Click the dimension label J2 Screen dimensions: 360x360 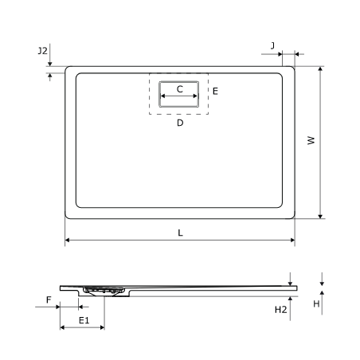[42, 50]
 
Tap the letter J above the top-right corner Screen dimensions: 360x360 [272, 45]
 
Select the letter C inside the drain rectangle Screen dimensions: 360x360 [180, 89]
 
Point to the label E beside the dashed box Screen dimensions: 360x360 [215, 92]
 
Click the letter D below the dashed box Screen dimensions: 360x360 [180, 123]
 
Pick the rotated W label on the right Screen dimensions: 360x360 [311, 140]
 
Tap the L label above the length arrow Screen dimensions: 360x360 [180, 233]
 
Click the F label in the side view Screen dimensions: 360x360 [49, 299]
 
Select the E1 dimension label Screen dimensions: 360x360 [84, 320]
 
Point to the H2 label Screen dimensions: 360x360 [280, 310]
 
